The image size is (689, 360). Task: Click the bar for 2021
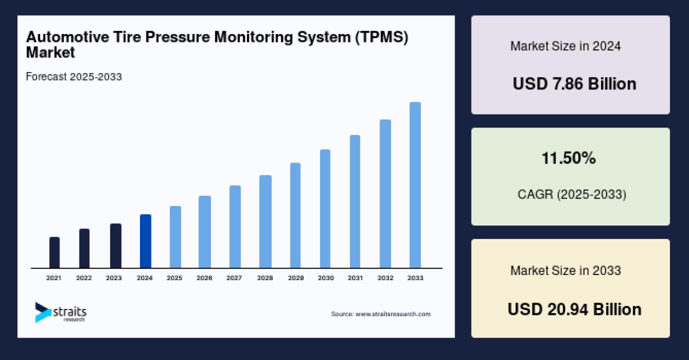tap(54, 252)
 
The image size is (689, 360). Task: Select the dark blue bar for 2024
tap(145, 241)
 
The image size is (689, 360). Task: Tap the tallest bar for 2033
tap(415, 185)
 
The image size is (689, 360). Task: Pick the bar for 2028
tap(265, 221)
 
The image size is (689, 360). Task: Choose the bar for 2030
tap(325, 208)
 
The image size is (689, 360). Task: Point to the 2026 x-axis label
tap(204, 278)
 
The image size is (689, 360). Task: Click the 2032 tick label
tap(385, 278)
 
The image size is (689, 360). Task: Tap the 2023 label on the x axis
tap(114, 278)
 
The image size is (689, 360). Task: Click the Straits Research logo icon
tap(42, 312)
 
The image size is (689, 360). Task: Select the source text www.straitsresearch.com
tap(392, 314)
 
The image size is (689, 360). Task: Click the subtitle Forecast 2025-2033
tap(73, 77)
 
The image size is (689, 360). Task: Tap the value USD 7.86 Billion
tap(574, 83)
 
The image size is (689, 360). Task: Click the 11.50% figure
tap(569, 158)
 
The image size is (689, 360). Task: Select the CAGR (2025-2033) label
tap(571, 194)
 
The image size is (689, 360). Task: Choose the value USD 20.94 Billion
tap(574, 309)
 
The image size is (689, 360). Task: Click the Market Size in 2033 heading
tap(565, 270)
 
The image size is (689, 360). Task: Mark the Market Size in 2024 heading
tap(565, 46)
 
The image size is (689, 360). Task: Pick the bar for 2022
tap(84, 248)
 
